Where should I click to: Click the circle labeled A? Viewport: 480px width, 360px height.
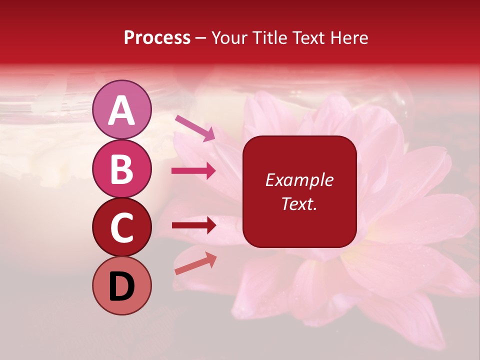pyautogui.click(x=122, y=109)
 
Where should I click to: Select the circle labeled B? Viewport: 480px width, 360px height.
pyautogui.click(x=122, y=168)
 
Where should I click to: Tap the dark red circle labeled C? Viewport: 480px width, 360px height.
pyautogui.click(x=122, y=227)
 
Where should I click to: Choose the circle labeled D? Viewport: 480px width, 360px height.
pyautogui.click(x=122, y=285)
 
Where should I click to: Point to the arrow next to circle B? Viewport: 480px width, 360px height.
pyautogui.click(x=194, y=171)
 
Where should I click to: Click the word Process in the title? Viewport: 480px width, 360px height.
pyautogui.click(x=157, y=37)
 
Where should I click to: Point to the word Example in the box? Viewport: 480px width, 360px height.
pyautogui.click(x=299, y=180)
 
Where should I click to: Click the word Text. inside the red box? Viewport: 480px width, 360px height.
pyautogui.click(x=299, y=203)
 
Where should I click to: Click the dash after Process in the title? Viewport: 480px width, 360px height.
pyautogui.click(x=201, y=38)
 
